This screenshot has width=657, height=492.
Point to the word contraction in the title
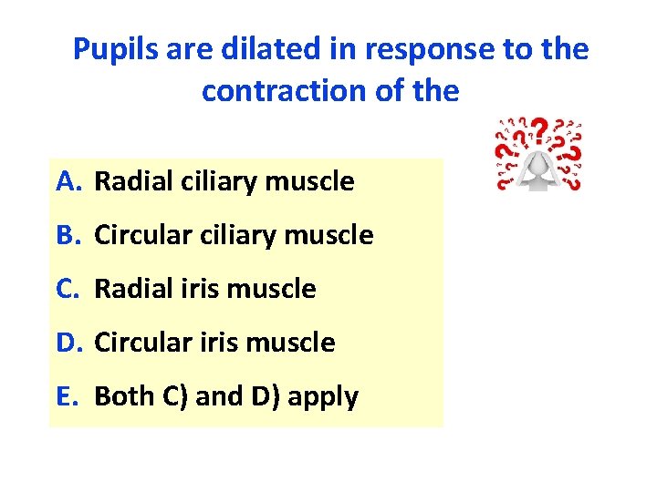(278, 92)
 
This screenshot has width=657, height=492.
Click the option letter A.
(67, 182)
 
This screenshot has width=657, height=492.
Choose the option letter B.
(67, 236)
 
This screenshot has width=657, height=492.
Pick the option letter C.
(67, 290)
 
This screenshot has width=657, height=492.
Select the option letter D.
(68, 343)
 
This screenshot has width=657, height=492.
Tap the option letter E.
(66, 397)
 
